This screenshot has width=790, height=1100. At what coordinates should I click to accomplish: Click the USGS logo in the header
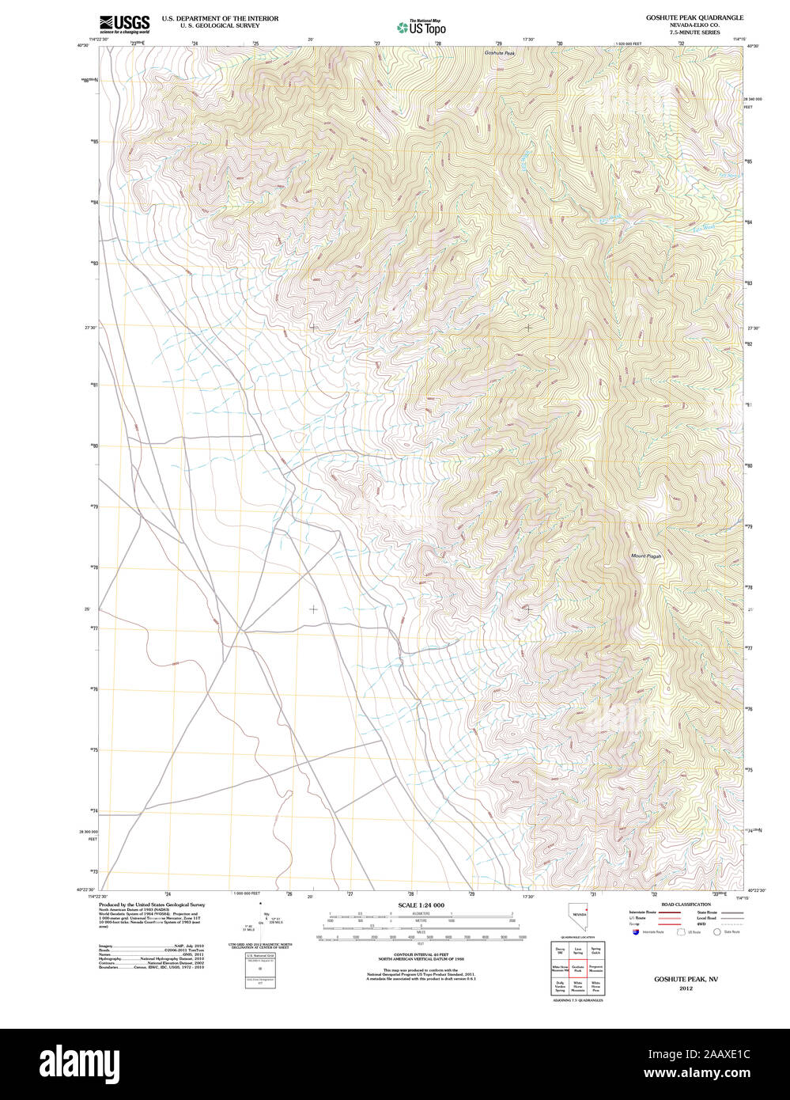pos(124,24)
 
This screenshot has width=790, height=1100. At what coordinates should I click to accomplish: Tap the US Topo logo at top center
pos(421,28)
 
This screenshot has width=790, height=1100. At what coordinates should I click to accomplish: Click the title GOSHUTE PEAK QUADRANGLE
pos(694,17)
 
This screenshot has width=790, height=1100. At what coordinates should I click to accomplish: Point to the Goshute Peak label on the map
pos(499,53)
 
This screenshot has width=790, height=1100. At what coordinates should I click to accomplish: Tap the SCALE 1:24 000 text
pos(421,905)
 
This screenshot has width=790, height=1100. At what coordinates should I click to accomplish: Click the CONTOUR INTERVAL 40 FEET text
pos(421,954)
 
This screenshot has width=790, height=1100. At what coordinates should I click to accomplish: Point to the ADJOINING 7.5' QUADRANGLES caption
pos(576,1000)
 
